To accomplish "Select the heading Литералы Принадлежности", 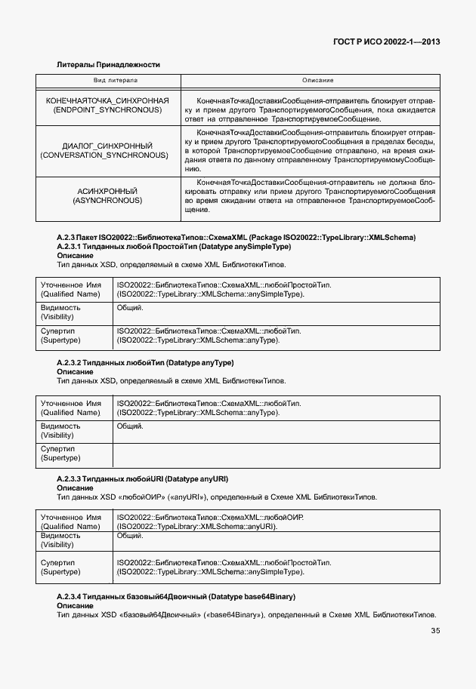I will tap(108, 65).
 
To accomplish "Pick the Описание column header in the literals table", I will tap(317, 80).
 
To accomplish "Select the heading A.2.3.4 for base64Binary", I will tap(176, 596).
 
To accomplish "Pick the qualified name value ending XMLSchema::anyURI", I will tap(196, 526).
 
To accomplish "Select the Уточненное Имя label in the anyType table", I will tap(70, 408).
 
